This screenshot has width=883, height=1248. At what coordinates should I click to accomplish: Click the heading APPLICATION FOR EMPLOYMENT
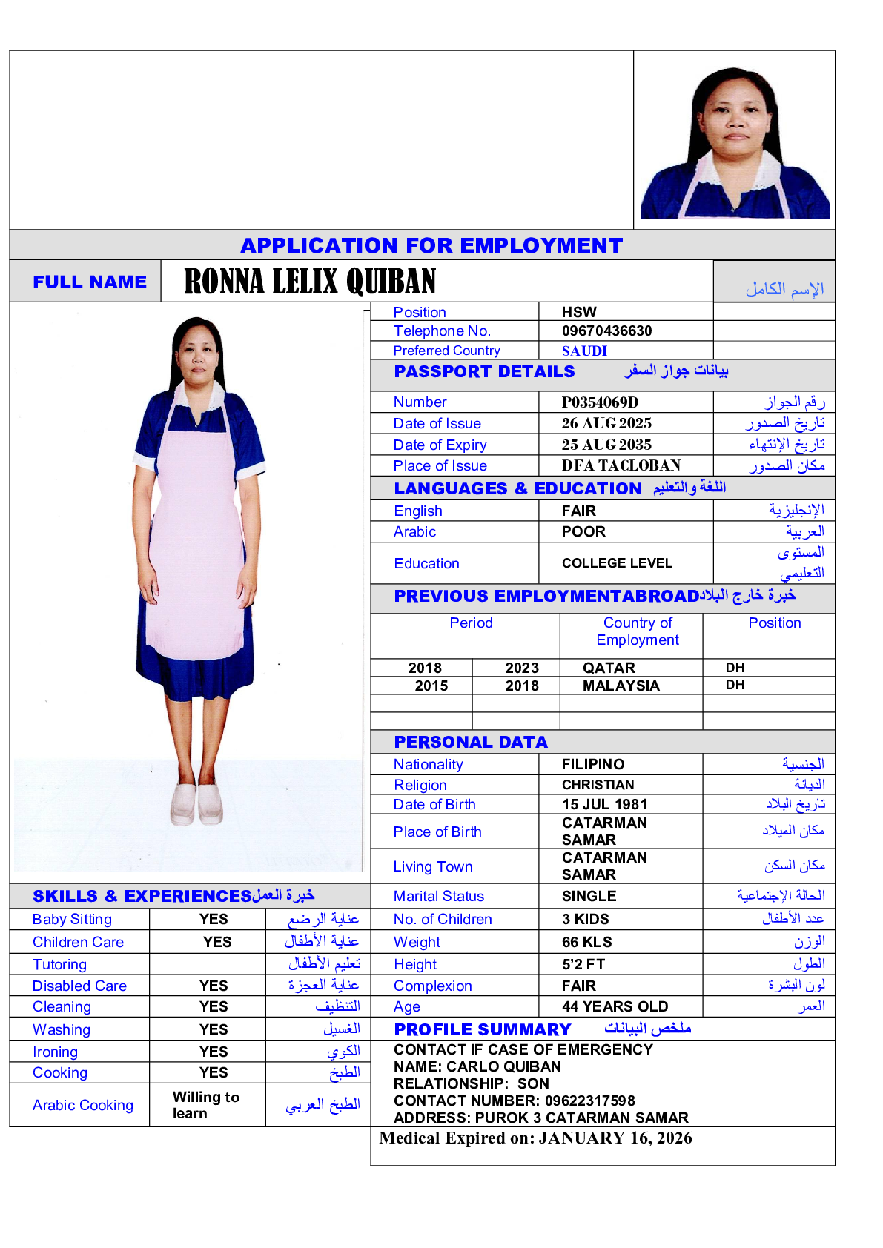click(431, 245)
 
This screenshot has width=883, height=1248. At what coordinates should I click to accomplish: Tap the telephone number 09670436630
click(606, 331)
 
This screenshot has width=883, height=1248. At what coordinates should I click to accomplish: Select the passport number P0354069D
click(600, 402)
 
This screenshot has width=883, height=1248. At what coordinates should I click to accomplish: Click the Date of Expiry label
click(440, 445)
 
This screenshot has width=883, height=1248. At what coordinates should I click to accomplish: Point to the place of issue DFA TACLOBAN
click(621, 465)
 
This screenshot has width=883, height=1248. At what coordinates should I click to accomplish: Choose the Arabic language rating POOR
click(583, 531)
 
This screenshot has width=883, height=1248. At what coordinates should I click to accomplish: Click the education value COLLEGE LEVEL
click(617, 563)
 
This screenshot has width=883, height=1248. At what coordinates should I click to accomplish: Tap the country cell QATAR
click(609, 668)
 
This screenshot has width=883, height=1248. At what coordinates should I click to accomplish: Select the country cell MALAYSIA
click(621, 686)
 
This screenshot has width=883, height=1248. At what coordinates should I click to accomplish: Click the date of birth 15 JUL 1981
click(604, 804)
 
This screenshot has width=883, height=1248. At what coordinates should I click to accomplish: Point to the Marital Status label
click(438, 896)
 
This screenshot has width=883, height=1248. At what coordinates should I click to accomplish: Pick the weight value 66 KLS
click(586, 942)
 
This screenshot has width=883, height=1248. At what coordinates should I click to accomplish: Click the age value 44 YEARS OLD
click(615, 1006)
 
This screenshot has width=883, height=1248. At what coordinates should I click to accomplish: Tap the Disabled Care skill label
click(79, 986)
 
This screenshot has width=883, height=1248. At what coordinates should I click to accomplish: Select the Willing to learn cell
click(205, 1105)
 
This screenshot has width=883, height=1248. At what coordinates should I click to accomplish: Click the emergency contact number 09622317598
click(589, 1101)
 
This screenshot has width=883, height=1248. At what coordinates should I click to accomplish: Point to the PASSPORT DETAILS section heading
click(484, 371)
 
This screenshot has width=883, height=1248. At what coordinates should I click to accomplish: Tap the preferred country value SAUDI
click(584, 351)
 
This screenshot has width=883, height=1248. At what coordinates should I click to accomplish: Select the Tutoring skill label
click(59, 964)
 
